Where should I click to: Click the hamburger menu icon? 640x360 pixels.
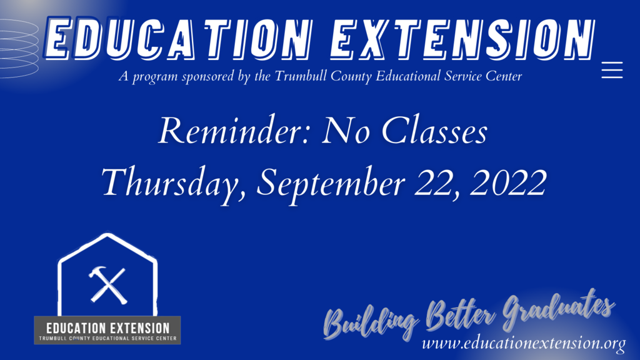[x=612, y=70]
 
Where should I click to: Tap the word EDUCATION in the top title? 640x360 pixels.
[x=177, y=38]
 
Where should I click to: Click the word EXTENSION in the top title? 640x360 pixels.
[x=462, y=39]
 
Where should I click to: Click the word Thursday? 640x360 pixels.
[x=174, y=182]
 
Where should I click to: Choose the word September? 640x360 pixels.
[x=331, y=183]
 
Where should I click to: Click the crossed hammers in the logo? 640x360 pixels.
[x=107, y=285]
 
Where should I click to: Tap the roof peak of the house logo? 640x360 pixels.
[x=107, y=235]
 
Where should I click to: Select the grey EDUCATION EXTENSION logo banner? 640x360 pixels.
[x=107, y=330]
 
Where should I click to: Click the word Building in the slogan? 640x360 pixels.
[x=370, y=321]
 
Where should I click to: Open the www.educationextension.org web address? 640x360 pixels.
[x=524, y=343]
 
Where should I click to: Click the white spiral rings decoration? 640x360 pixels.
[x=19, y=48]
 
